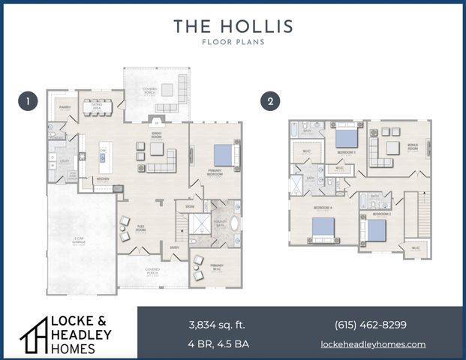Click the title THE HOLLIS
click(233, 26)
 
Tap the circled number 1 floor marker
click(28, 100)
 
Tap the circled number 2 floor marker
click(269, 100)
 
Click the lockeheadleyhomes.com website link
click(373, 344)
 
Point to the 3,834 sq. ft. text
click(217, 325)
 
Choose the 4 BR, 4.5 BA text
click(217, 344)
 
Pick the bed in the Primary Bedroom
click(224, 155)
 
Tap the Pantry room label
click(64, 107)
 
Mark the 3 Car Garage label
click(79, 241)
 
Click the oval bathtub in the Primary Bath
click(234, 223)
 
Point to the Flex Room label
click(141, 227)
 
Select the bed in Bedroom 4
click(323, 228)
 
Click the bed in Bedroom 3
click(346, 137)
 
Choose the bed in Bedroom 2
click(376, 229)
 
